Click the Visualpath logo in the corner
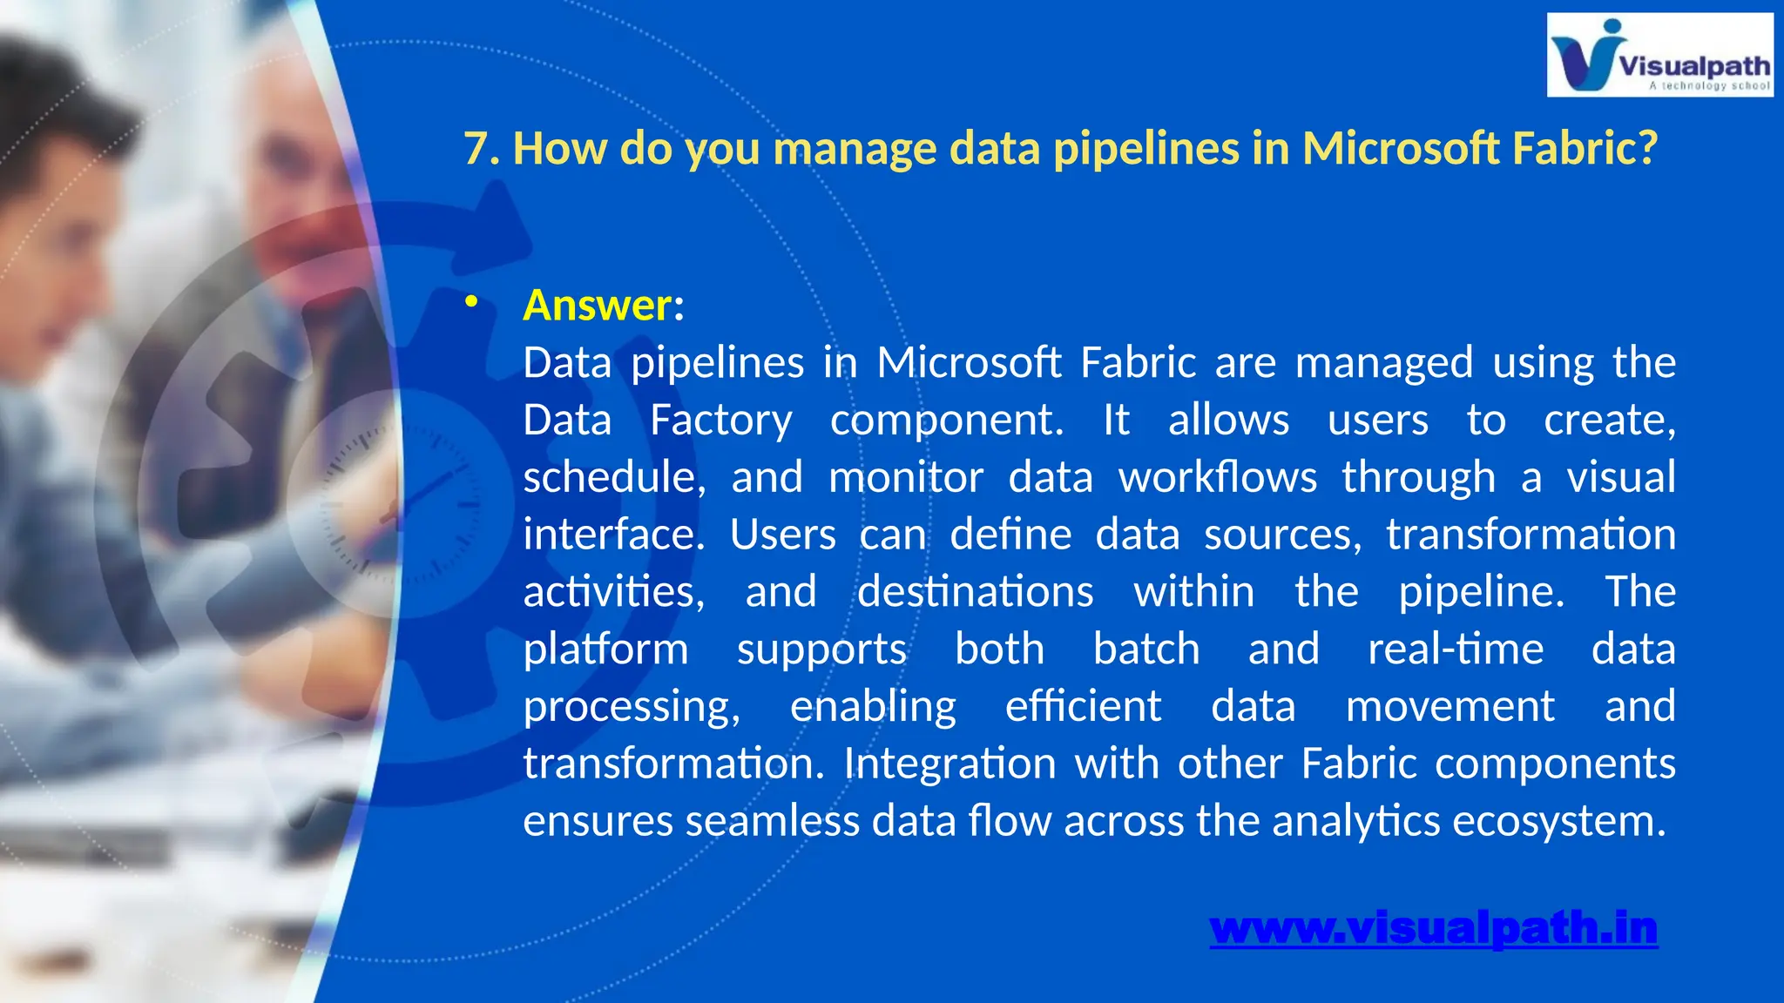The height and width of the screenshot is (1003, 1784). click(1659, 55)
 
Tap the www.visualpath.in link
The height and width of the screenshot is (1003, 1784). click(1433, 928)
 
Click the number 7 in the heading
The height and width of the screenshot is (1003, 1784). click(476, 148)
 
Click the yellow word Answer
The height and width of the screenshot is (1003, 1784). click(597, 306)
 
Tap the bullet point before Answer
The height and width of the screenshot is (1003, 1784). click(471, 302)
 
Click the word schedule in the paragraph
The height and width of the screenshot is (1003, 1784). click(612, 478)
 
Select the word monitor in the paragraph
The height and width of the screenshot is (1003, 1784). click(905, 478)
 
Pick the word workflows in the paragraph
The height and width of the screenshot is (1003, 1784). click(1217, 478)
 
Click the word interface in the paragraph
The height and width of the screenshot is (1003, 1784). click(612, 535)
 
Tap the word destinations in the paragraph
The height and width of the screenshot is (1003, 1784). click(975, 592)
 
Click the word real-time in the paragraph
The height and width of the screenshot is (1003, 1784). click(1455, 650)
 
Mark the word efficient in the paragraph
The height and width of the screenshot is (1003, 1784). click(1083, 706)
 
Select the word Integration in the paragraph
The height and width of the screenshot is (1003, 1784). click(949, 764)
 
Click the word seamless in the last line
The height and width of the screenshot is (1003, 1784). click(772, 821)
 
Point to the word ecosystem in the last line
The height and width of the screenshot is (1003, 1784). click(1558, 821)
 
